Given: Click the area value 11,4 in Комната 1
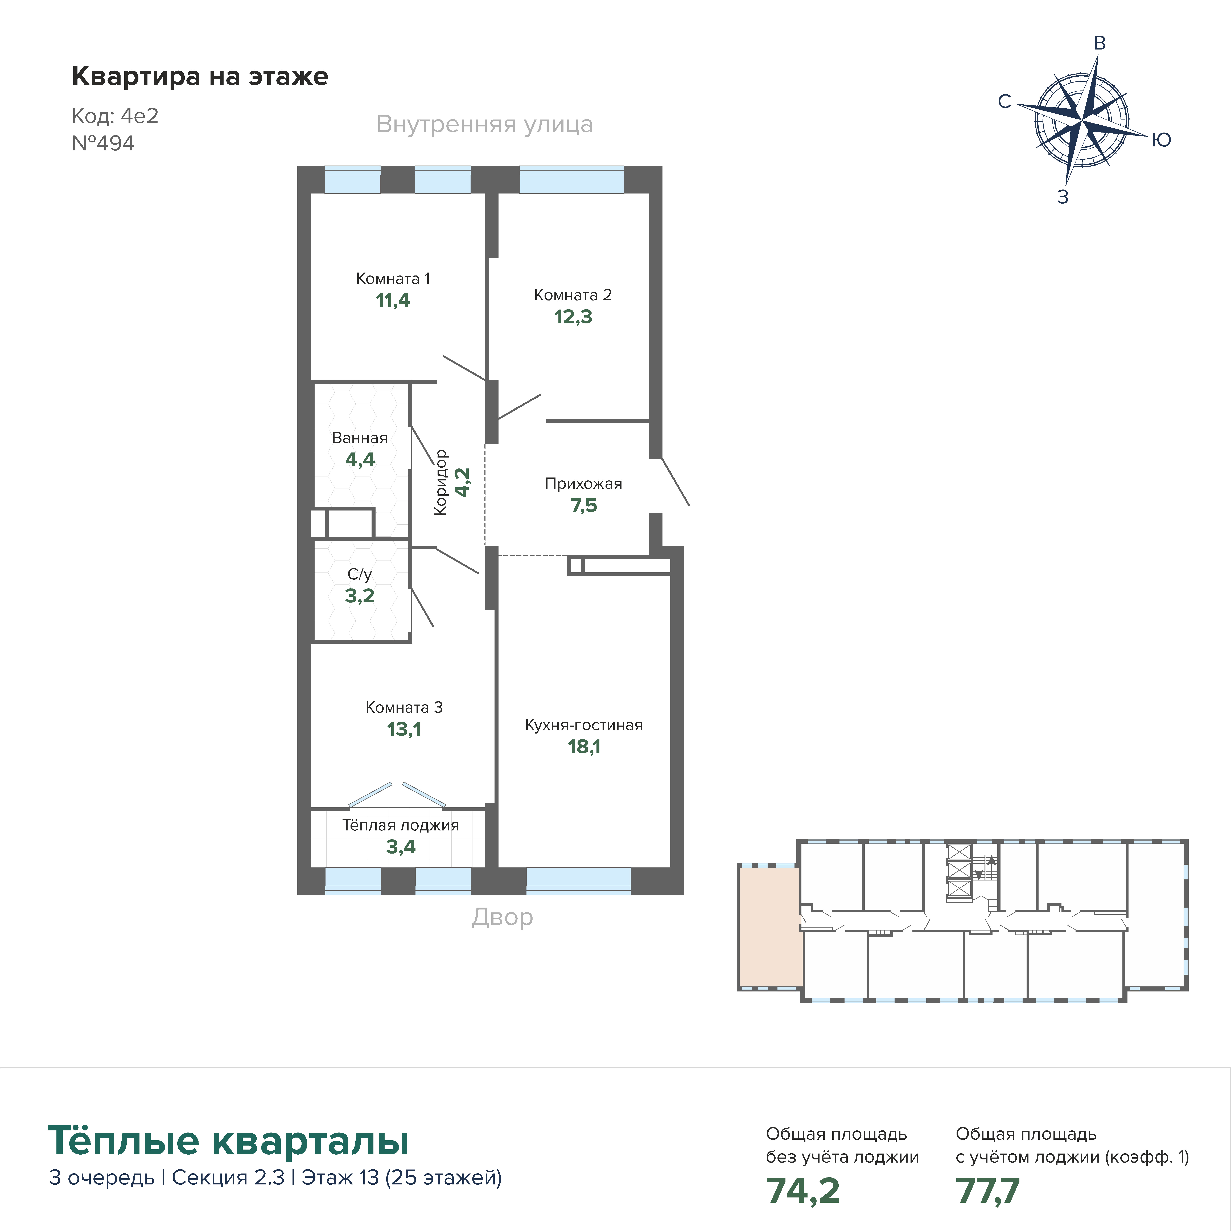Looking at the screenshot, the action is click(393, 300).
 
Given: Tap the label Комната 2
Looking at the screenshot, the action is click(573, 295).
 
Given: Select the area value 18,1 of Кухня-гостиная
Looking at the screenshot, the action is click(584, 747).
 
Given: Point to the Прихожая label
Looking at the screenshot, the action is click(584, 484).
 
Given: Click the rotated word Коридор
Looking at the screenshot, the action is click(440, 482).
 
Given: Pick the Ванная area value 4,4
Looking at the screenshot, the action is click(360, 459).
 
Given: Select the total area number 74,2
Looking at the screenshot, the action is click(803, 1190).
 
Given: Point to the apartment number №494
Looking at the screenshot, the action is click(103, 143).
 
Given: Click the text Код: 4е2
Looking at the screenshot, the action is click(115, 116).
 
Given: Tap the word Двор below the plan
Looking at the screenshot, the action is click(502, 917).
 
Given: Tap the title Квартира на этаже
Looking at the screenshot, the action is click(200, 76).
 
